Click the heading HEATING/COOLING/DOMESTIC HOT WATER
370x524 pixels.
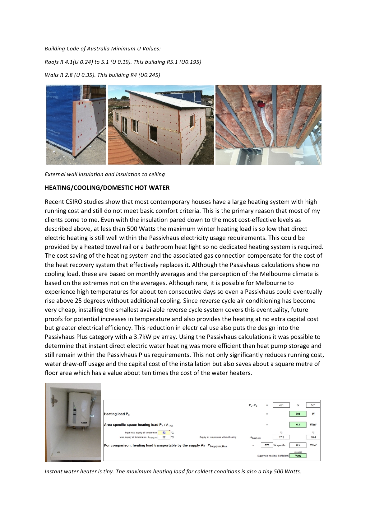pyautogui.click(x=107, y=188)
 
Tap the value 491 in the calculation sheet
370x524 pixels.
pyautogui.click(x=281, y=405)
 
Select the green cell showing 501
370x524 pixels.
pyautogui.click(x=298, y=414)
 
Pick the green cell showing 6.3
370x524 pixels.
pyautogui.click(x=298, y=424)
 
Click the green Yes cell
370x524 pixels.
pyautogui.click(x=298, y=456)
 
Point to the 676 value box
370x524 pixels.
pyautogui.click(x=267, y=445)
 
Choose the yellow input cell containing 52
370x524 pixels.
pyautogui.click(x=164, y=433)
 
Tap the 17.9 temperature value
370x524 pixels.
pyautogui.click(x=281, y=437)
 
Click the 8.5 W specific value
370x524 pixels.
pyautogui.click(x=298, y=445)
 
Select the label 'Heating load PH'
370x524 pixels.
pyautogui.click(x=117, y=414)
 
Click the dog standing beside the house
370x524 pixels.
pyautogui.click(x=212, y=127)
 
